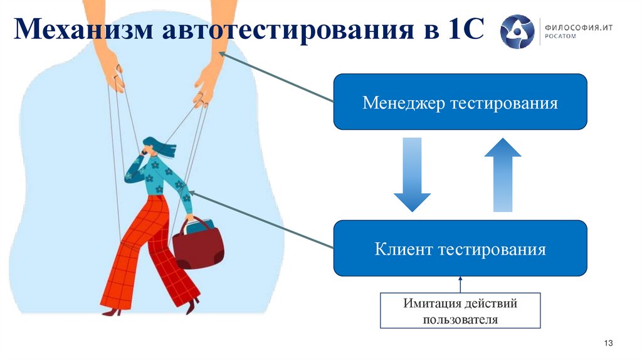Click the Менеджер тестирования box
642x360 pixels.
(x=460, y=102)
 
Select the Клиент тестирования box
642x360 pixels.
(x=460, y=249)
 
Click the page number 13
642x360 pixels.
(x=607, y=342)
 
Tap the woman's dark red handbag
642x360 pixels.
(x=198, y=246)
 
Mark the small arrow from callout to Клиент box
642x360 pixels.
(x=460, y=284)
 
